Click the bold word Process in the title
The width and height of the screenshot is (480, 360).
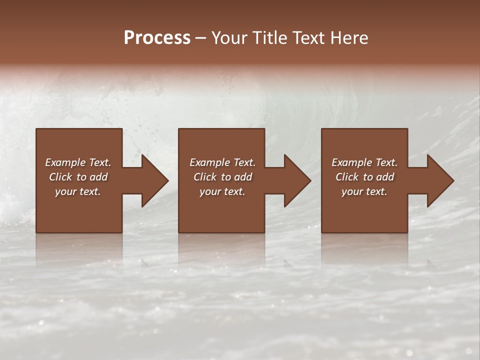(x=157, y=38)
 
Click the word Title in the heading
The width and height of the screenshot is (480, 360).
(x=269, y=38)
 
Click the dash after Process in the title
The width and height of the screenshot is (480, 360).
(x=201, y=38)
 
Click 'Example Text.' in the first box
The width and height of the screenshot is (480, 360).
(x=78, y=162)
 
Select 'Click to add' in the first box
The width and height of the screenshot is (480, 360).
(x=78, y=177)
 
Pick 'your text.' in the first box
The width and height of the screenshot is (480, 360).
(x=78, y=191)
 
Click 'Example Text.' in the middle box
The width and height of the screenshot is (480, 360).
(x=222, y=162)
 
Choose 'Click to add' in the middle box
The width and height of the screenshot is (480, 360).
(x=222, y=177)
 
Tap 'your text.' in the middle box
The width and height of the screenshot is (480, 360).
(x=222, y=191)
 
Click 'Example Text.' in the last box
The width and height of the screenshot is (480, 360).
(x=364, y=162)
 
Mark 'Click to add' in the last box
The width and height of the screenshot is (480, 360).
(x=364, y=177)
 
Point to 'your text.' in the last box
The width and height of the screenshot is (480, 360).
(x=364, y=191)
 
